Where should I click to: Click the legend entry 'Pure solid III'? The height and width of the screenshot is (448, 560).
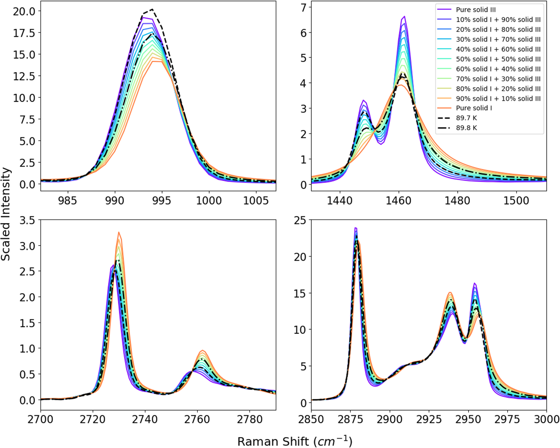[475, 10]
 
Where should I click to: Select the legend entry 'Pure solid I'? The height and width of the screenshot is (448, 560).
[474, 108]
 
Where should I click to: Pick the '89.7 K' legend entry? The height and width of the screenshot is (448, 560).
[466, 118]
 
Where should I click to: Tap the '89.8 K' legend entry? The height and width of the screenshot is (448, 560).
[466, 128]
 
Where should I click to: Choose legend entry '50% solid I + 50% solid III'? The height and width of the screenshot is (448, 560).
[498, 59]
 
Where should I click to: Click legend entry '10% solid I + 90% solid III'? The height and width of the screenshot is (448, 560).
[498, 20]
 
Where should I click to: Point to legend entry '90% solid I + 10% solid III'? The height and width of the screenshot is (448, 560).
[498, 98]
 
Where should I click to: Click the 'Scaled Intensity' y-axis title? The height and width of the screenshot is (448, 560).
[6, 214]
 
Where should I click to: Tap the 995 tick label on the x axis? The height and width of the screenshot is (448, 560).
[162, 201]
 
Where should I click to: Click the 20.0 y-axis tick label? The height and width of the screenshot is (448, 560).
[24, 11]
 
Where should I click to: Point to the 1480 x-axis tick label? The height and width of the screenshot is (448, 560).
[458, 201]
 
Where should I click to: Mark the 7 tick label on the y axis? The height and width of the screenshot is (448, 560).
[304, 8]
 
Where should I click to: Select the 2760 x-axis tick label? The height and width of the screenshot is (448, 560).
[197, 419]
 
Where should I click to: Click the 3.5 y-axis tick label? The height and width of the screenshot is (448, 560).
[27, 221]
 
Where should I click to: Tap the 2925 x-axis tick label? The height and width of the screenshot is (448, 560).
[429, 419]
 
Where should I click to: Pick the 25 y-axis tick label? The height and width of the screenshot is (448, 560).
[300, 221]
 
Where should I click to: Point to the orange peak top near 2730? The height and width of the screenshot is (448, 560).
[119, 232]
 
